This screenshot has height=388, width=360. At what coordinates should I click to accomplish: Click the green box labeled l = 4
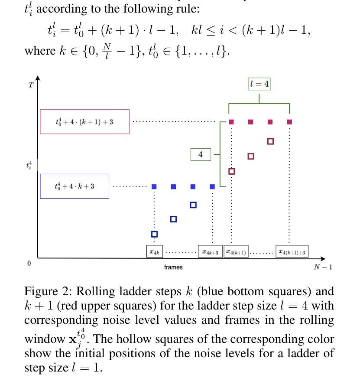pos(259,84)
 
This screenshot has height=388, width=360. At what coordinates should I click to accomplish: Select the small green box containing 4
pos(201,154)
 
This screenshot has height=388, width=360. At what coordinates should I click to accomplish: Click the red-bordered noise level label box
pos(84,122)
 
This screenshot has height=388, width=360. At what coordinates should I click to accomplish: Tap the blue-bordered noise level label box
pos(75,186)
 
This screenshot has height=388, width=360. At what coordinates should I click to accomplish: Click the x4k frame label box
pos(155,251)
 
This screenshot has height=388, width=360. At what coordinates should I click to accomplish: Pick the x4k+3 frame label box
pos(211,252)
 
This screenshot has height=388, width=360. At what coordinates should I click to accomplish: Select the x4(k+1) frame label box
pos(236,252)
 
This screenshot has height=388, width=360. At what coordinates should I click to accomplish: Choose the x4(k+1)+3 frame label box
pos(292,252)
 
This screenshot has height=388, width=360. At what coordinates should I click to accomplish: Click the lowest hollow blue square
pos(154,234)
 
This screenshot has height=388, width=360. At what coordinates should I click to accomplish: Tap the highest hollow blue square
pos(193,205)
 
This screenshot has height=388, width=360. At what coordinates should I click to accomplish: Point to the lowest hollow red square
pos(231,171)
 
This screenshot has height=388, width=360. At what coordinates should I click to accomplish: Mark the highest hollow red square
pos(270,141)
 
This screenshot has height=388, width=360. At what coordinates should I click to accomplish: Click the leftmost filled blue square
pos(154,187)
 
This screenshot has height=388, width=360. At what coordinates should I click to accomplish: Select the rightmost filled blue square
pos(212,187)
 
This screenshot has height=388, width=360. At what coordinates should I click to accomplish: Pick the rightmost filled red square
pos(289,122)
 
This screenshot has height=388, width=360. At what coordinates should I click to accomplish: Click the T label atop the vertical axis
pos(31,85)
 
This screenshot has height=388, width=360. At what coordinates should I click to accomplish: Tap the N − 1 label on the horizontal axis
pos(323,267)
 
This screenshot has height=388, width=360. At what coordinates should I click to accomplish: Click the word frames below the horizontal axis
pos(173,267)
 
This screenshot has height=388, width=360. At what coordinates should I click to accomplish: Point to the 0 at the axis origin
pos(29,264)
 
